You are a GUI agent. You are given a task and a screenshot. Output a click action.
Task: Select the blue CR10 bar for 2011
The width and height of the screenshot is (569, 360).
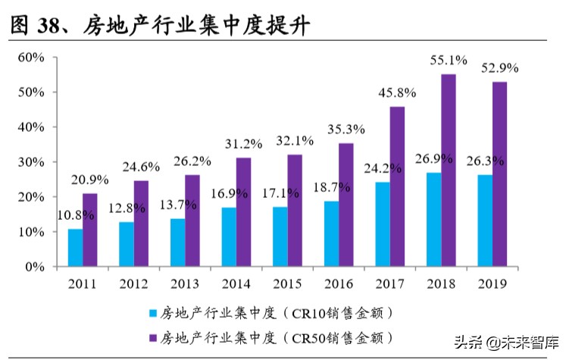[x=75, y=248]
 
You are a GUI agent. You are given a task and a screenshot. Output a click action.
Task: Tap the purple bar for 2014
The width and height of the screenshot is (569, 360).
[x=243, y=212]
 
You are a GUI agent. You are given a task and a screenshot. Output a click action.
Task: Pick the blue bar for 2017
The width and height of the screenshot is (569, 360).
[x=381, y=224]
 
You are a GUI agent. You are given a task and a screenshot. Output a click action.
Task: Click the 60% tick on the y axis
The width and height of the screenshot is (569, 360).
[x=30, y=58]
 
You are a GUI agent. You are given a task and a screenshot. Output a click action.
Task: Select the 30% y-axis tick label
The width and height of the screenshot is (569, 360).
[x=30, y=162]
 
